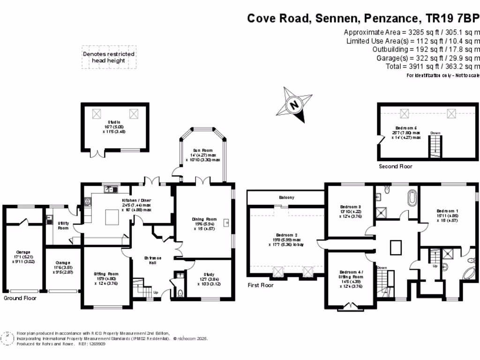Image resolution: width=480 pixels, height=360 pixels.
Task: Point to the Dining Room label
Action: pyautogui.click(x=204, y=219)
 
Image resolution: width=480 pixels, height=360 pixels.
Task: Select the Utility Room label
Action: pyautogui.click(x=63, y=225)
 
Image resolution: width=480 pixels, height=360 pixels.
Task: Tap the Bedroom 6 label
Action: pyautogui.click(x=406, y=128)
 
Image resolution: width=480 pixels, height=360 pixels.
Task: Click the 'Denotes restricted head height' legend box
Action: pyautogui.click(x=109, y=57)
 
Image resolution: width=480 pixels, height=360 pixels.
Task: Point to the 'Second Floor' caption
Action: pyautogui.click(x=395, y=166)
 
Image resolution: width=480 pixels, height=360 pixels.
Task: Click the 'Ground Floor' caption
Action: pyautogui.click(x=20, y=298)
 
